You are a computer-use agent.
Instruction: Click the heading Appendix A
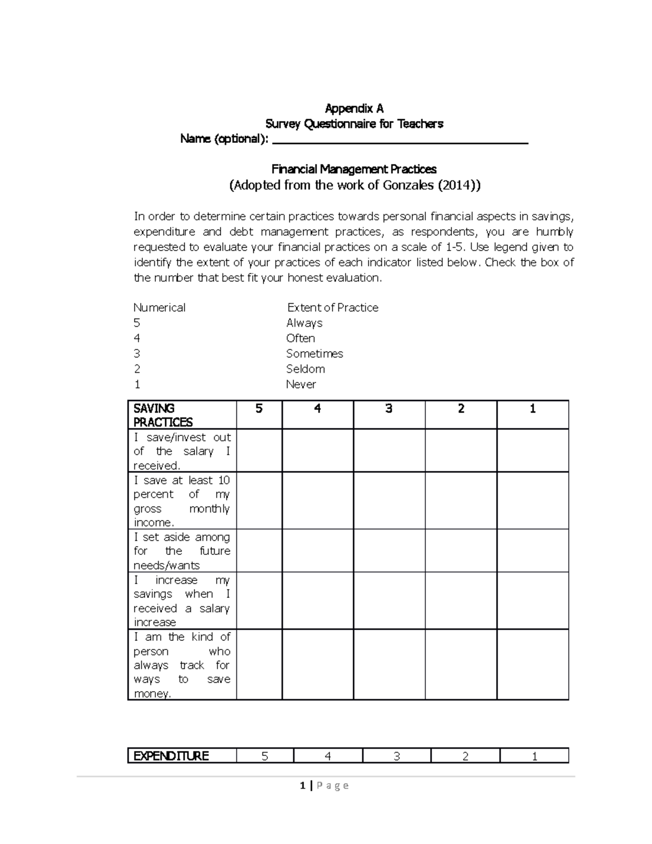tap(354, 108)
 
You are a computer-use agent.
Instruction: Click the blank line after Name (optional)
tap(399, 141)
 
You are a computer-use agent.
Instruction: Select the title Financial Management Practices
tap(354, 169)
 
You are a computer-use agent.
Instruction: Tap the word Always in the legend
tap(304, 323)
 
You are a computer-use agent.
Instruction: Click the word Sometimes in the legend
tap(315, 353)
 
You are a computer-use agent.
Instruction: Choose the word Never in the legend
tap(301, 384)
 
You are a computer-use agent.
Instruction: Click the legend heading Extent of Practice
tap(333, 308)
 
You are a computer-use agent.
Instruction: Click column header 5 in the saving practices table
tap(259, 409)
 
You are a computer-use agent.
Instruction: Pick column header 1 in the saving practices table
tap(532, 409)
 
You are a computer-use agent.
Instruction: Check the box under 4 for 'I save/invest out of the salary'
tap(317, 451)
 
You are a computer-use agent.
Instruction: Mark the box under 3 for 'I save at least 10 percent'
tap(389, 501)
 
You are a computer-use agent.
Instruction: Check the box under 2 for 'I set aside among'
tap(461, 551)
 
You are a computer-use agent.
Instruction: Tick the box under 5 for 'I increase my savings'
tap(259, 601)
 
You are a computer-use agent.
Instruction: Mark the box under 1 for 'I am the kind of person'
tap(532, 665)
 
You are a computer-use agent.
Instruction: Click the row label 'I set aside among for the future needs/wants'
tap(182, 551)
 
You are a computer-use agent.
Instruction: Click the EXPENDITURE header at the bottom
tap(171, 756)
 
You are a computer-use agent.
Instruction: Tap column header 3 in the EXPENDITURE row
tap(397, 756)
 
